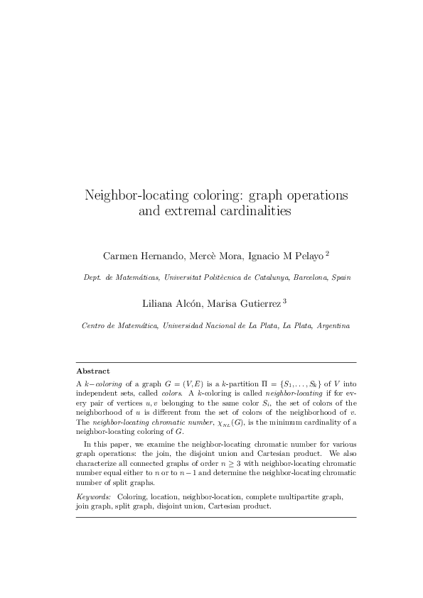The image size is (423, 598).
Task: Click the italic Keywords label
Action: (93, 497)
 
